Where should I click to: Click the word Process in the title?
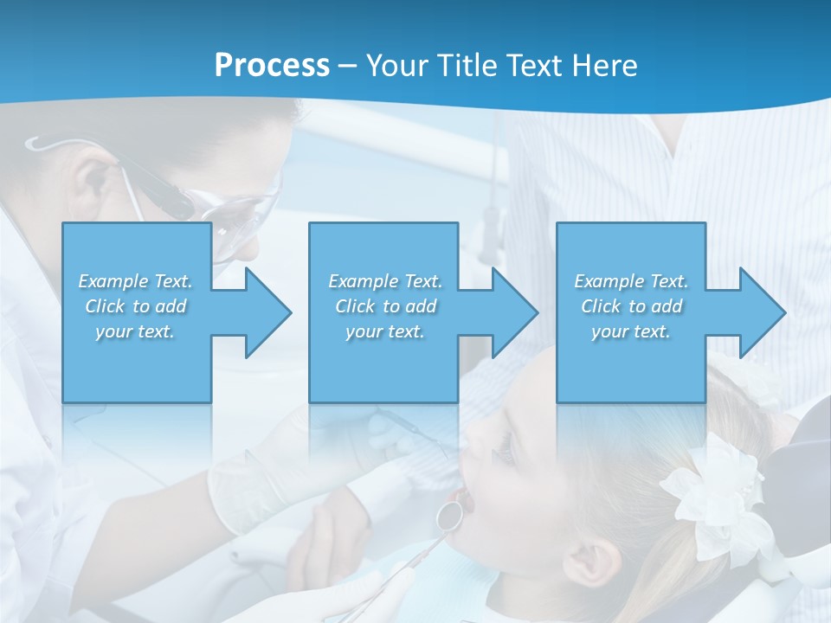[x=272, y=66]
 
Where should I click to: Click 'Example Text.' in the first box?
[x=135, y=281]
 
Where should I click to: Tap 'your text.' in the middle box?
[x=385, y=331]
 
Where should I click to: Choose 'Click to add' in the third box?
[x=631, y=306]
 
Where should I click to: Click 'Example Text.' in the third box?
[x=631, y=281]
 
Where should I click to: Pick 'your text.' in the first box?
[x=135, y=331]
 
